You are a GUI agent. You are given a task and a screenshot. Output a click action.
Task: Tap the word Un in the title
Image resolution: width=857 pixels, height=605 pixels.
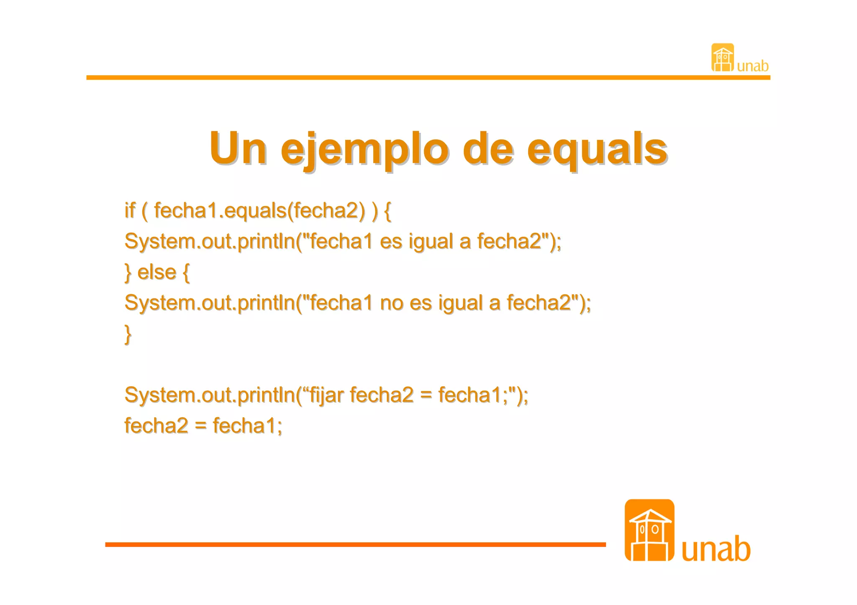coord(238,148)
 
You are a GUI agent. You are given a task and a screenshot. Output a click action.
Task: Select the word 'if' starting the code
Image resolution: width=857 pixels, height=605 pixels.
coord(130,210)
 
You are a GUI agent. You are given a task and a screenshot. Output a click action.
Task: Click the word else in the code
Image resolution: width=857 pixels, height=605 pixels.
coord(157,272)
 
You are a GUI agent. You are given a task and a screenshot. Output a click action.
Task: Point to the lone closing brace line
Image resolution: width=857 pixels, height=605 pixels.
coord(128,334)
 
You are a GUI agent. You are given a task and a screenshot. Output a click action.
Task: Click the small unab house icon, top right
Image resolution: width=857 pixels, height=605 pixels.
coord(722,58)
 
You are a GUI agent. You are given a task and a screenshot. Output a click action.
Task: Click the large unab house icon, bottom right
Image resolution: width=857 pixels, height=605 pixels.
coord(649,530)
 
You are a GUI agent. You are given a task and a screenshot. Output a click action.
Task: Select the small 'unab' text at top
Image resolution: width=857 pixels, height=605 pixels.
coord(752,66)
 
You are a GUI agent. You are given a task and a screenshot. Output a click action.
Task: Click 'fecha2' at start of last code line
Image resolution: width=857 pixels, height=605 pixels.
coord(156,426)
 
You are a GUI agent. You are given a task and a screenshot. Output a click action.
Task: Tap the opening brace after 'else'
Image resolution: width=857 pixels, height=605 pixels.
coord(186,272)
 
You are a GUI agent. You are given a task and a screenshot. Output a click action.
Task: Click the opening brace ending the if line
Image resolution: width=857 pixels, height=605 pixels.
coord(387,210)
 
